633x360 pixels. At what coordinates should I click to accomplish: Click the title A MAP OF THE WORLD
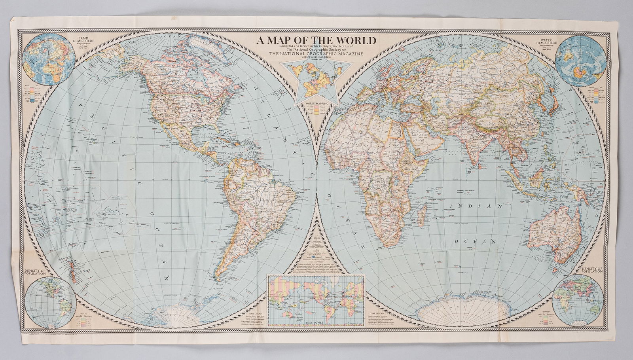pyautogui.click(x=316, y=40)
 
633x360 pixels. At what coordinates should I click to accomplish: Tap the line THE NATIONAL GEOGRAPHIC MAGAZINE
pyautogui.click(x=316, y=54)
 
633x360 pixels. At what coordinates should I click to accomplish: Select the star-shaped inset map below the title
pyautogui.click(x=316, y=81)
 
